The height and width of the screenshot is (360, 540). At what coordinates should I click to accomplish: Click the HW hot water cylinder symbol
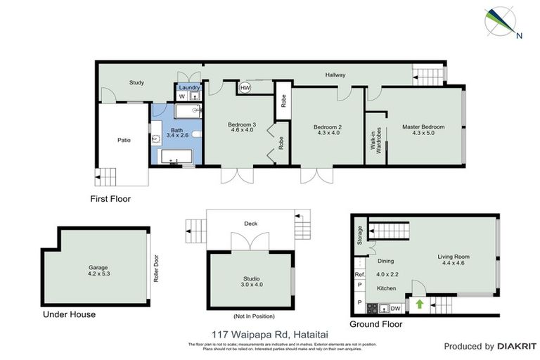(x=245, y=88)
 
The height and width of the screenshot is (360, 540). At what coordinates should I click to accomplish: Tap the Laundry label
(x=189, y=87)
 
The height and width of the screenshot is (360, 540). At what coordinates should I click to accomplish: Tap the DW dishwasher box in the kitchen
(x=395, y=307)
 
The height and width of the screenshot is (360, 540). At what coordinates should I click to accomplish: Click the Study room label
(x=136, y=83)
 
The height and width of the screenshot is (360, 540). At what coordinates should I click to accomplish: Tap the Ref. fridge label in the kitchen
(x=359, y=274)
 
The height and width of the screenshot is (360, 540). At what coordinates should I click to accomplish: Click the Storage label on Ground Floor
(x=359, y=232)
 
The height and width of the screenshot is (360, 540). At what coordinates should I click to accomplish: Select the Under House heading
(x=68, y=314)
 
